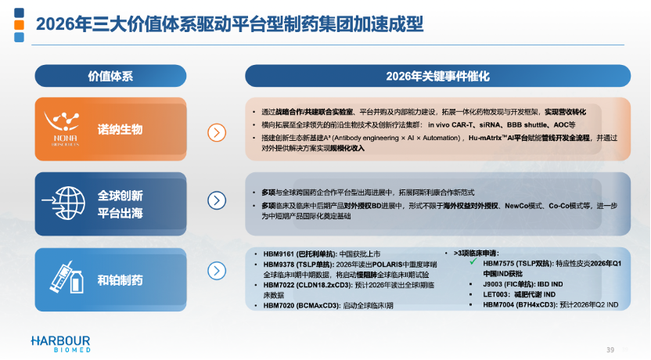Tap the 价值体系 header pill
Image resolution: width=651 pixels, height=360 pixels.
pos(110,76)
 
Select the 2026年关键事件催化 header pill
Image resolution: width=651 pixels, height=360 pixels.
pos(437,76)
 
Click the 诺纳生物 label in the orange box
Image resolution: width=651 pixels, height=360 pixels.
pos(120,129)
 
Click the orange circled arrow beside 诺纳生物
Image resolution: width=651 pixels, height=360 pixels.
pos(217,132)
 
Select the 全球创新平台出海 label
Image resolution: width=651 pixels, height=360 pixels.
pos(120,202)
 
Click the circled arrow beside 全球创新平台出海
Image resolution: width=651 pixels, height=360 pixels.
pos(217,201)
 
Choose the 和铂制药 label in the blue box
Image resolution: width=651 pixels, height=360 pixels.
pos(120,279)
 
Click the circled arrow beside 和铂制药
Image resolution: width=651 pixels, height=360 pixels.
pos(217,272)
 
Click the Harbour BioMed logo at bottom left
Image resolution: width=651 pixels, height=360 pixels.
pos(60,343)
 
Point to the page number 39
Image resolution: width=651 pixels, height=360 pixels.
pos(610,348)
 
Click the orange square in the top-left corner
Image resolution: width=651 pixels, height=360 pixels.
pos(19,25)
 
